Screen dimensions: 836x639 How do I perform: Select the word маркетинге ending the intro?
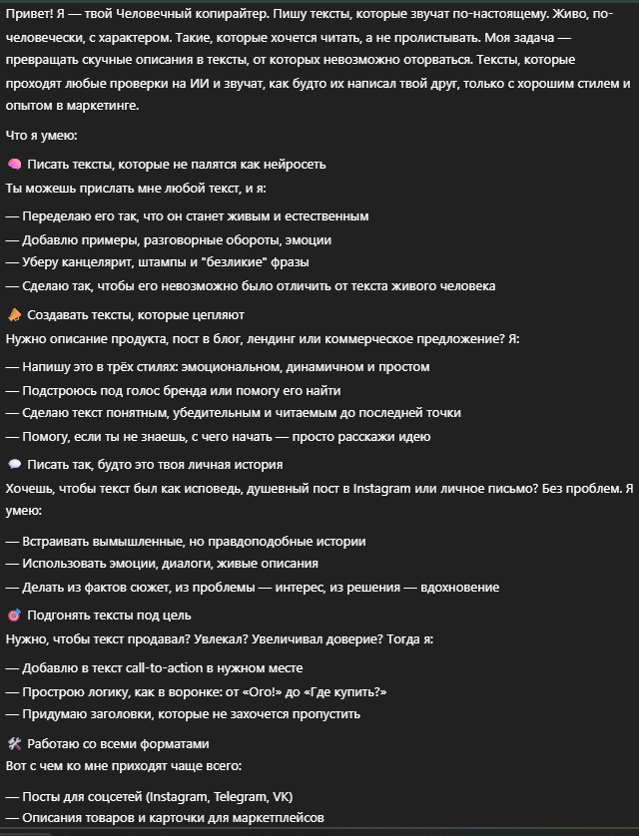point(109,105)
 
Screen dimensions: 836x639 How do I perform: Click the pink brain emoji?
point(14,164)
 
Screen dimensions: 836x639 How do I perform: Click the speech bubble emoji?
point(14,465)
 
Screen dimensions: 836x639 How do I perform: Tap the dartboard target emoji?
point(14,616)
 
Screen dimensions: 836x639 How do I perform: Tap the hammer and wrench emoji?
point(14,744)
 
